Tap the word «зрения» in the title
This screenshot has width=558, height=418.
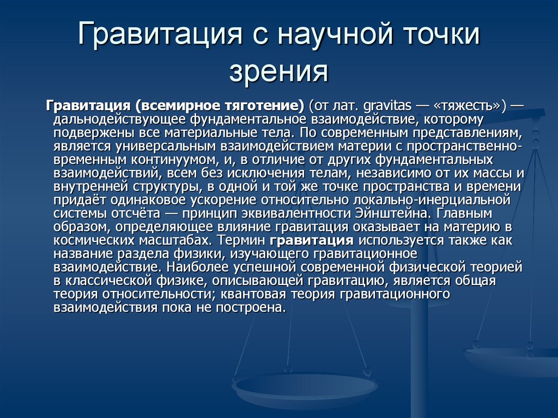pos(278,71)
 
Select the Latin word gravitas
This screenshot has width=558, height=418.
pos(388,106)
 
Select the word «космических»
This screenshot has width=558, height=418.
pos(94,240)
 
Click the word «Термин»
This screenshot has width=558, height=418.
pos(241,240)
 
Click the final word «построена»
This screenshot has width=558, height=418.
pos(251,307)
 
